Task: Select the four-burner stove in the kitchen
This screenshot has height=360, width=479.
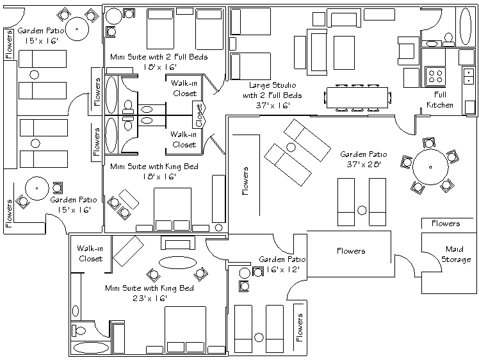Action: click(x=436, y=76)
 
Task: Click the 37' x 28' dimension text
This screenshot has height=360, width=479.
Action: click(x=363, y=164)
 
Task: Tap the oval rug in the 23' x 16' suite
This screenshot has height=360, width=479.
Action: click(x=175, y=262)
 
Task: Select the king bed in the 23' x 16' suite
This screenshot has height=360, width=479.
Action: click(x=190, y=327)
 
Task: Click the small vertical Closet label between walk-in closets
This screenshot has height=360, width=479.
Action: click(x=199, y=115)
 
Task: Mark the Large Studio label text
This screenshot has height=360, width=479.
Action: click(x=275, y=90)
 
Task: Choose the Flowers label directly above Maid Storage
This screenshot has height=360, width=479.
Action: click(x=445, y=224)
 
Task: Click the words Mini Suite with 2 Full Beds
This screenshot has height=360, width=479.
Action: click(x=166, y=56)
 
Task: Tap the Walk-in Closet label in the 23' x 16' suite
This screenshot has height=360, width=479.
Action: click(x=90, y=254)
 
